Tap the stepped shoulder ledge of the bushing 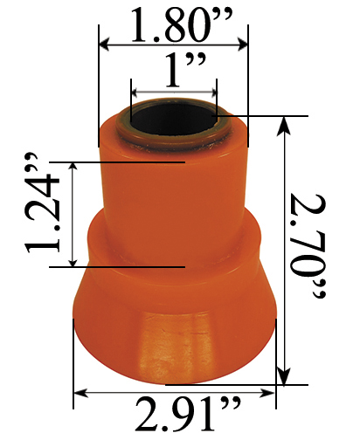(175, 229)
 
